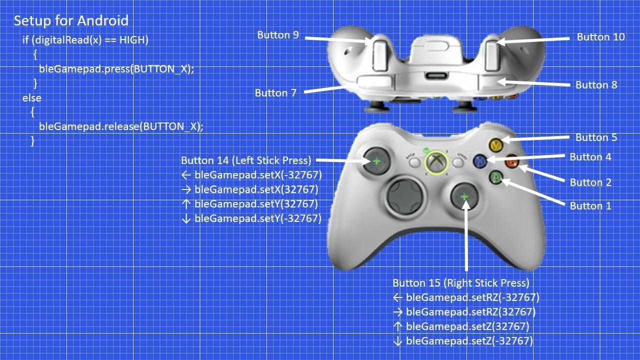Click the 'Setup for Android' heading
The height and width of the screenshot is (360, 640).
coord(71,21)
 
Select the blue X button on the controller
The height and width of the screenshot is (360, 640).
coord(480,160)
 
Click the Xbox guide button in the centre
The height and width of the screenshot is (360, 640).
coord(436,162)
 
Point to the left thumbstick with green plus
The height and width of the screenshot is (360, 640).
coord(375,160)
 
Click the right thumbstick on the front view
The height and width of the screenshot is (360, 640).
coord(464,196)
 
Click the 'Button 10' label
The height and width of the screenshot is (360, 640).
coord(600,37)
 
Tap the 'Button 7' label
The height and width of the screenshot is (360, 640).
coord(275,93)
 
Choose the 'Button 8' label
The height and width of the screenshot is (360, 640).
coord(596,85)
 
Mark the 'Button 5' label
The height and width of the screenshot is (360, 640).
coord(596,137)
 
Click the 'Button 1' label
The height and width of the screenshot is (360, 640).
coord(590,206)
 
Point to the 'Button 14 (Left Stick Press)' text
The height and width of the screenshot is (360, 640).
coord(246,160)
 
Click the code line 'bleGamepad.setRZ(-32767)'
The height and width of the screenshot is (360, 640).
coord(472,298)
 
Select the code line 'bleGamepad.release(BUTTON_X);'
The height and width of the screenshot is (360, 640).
coord(121,126)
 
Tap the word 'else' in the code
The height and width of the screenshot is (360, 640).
coord(31,98)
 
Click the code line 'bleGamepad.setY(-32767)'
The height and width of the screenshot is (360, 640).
coord(257,218)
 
